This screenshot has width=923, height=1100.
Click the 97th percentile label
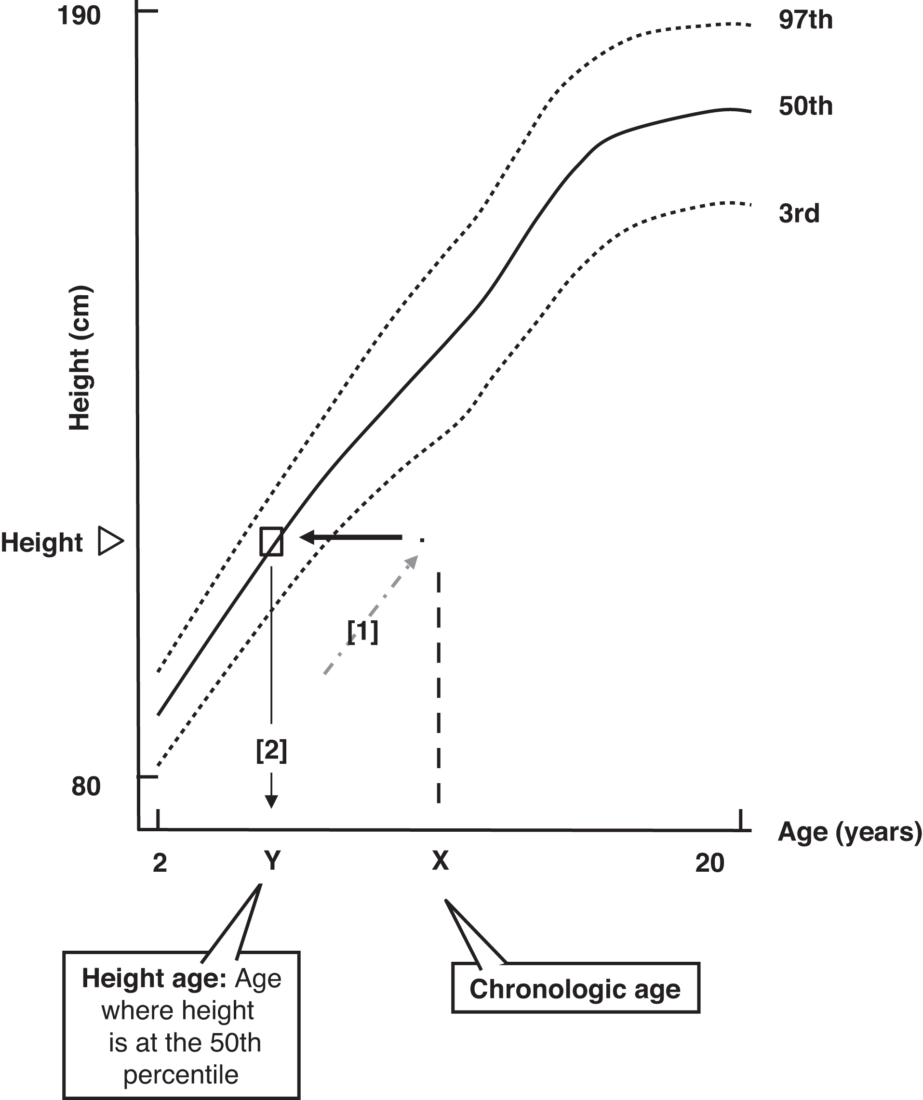805,20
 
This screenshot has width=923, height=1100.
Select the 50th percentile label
805,107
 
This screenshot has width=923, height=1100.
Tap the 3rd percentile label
799,214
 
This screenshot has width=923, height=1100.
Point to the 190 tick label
79,16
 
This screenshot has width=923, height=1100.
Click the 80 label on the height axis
86,787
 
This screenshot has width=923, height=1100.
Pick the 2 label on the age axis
160,863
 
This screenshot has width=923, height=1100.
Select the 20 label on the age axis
709,863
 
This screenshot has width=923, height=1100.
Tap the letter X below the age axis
440,861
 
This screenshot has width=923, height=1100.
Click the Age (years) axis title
849,832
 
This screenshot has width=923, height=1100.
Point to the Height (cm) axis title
80,358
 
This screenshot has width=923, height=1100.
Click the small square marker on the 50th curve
271,541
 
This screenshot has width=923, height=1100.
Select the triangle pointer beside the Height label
110,542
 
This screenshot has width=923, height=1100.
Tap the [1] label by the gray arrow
363,632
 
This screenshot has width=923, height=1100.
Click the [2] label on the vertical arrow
271,751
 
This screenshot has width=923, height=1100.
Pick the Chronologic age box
575,990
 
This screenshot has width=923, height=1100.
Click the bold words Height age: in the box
154,978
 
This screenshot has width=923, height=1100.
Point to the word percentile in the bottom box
181,1075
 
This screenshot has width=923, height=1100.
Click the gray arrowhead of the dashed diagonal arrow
413,561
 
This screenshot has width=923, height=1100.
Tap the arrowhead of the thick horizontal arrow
308,537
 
